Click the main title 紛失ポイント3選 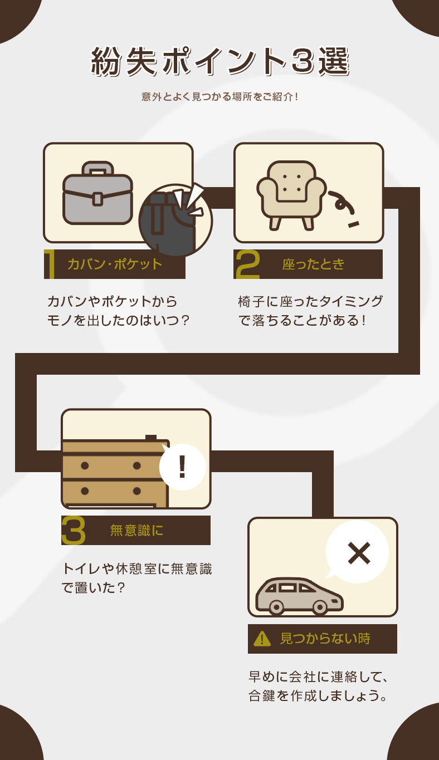[x=219, y=61]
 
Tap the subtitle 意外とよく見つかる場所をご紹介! [x=219, y=97]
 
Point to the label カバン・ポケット [x=114, y=264]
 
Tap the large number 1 [x=50, y=264]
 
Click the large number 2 [x=247, y=264]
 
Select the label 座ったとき [x=313, y=264]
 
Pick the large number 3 [x=74, y=531]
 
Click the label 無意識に [x=136, y=531]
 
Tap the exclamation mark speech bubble [x=182, y=467]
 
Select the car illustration [x=300, y=596]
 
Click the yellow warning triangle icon [x=262, y=639]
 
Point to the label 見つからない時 [x=325, y=639]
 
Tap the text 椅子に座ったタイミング [x=310, y=302]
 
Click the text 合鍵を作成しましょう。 [x=318, y=696]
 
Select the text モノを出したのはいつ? [x=119, y=321]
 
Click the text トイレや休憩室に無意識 [x=136, y=569]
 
